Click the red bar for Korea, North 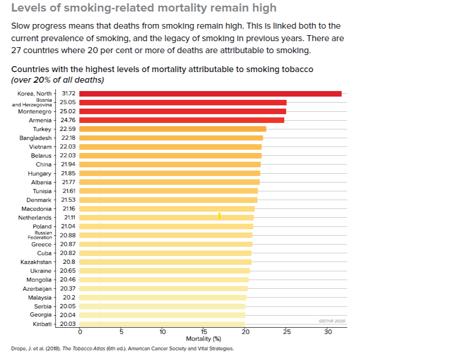pos(210,94)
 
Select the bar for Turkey pos(173,129)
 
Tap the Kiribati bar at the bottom pos(162,324)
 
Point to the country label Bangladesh pos(35,138)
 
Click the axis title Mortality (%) pos(203,339)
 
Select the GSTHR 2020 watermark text pos(332,321)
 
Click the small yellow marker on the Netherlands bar pos(219,216)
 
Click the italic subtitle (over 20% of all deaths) pos(57,79)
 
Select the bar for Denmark pos(168,200)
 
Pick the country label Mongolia pos(39,280)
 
